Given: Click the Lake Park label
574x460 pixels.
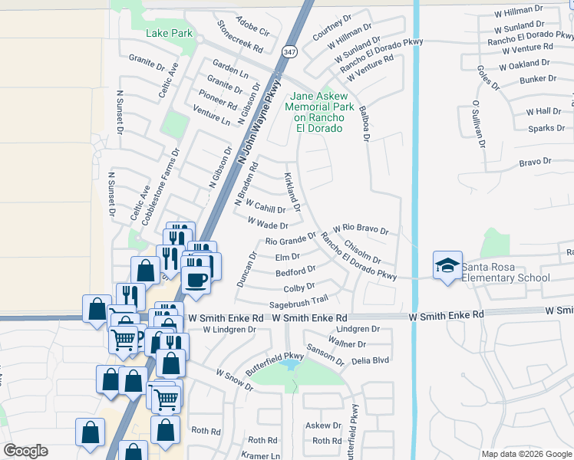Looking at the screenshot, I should [x=169, y=34].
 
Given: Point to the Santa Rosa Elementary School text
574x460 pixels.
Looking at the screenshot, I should [x=505, y=272].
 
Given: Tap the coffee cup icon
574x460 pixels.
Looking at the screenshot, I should [x=196, y=277].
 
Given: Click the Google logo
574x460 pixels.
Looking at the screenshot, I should [x=25, y=451].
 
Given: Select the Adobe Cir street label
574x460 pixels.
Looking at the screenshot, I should [x=253, y=26].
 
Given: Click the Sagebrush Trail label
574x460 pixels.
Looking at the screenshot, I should [x=299, y=302].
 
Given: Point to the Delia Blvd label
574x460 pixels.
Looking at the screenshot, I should [x=370, y=360].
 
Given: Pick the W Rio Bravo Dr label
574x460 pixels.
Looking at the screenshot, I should [x=361, y=230].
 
